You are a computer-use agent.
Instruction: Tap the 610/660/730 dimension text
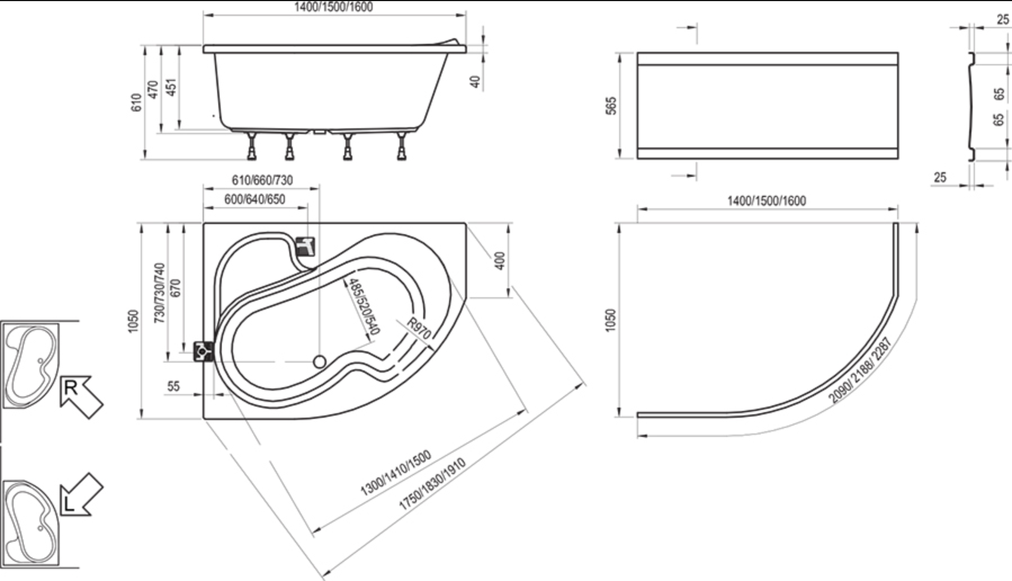[x=262, y=180]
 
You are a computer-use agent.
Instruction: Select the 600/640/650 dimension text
[x=254, y=199]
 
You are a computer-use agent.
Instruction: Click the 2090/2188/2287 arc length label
[x=861, y=370]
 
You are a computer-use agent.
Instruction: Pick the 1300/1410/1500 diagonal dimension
[x=396, y=473]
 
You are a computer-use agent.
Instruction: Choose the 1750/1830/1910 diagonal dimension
[x=432, y=484]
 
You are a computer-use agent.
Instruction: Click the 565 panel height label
[x=612, y=106]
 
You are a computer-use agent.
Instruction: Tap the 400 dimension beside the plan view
[x=499, y=260]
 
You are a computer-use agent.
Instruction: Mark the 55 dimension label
[x=173, y=386]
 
